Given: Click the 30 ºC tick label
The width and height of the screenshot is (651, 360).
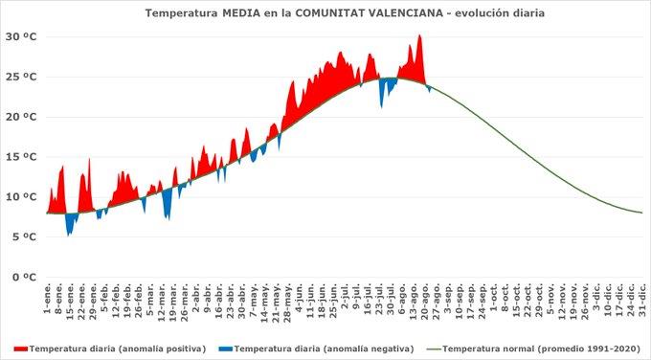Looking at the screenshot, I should (20, 36).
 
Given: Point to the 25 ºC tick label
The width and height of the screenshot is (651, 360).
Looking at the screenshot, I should (20, 77).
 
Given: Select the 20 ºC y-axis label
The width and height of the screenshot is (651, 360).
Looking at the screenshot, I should (20, 117).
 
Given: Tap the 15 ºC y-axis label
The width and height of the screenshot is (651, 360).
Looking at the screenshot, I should (20, 157).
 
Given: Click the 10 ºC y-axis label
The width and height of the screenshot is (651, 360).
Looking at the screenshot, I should (20, 197).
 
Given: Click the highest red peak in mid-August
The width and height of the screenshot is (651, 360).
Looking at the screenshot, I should (419, 36).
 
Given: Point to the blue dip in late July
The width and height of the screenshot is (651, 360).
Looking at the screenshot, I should (382, 100).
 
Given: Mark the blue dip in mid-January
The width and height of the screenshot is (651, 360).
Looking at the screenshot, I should (69, 230).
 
